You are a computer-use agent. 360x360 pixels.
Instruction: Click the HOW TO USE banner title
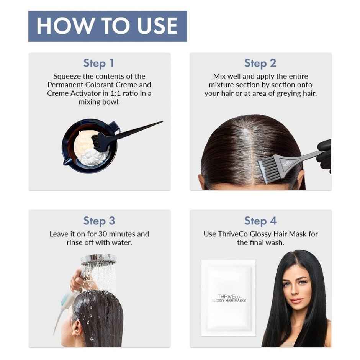107,26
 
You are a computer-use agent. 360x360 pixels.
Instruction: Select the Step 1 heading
99,63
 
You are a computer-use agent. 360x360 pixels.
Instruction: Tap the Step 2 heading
260,63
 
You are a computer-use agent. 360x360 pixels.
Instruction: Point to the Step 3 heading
99,221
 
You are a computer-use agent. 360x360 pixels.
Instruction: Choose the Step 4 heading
260,221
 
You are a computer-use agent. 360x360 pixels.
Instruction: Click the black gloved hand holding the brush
324,155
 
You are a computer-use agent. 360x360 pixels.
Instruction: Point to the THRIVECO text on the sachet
229,296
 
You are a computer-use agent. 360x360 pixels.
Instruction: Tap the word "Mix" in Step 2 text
219,76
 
